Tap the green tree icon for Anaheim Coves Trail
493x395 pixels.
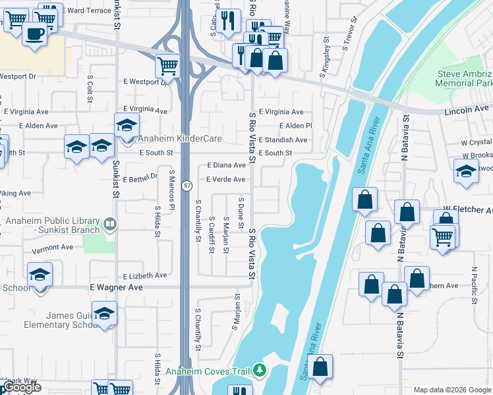pos(260,371)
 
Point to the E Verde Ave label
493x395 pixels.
pos(226,180)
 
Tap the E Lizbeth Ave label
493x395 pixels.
pos(144,276)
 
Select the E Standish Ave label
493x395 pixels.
pos(283,140)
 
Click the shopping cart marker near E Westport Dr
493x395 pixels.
pos(167,65)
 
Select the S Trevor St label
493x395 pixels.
pos(349,38)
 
